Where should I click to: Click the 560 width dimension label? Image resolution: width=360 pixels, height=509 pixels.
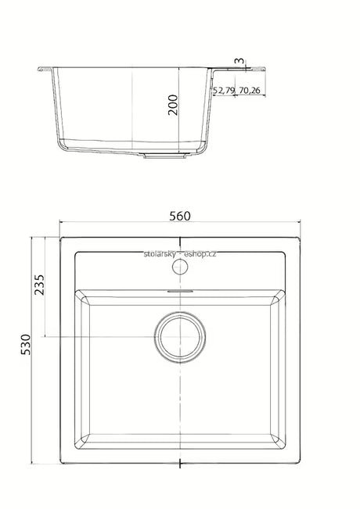pos(180,217)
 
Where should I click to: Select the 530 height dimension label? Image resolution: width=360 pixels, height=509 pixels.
pos(26,345)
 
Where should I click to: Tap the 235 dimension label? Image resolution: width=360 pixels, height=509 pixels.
pos(39,285)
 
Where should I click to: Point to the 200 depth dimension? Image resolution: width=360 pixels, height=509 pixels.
pos(173,105)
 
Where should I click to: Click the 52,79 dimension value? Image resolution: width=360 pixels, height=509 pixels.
pos(224,90)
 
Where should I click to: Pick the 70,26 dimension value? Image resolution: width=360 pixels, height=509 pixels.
pos(250,90)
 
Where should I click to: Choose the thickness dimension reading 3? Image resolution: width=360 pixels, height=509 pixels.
pos(239,61)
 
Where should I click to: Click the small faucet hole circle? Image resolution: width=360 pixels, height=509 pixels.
pos(180,267)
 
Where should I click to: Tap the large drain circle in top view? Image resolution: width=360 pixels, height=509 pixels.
pos(180,337)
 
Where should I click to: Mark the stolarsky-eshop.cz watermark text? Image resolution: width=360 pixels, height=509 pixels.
pos(180,254)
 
